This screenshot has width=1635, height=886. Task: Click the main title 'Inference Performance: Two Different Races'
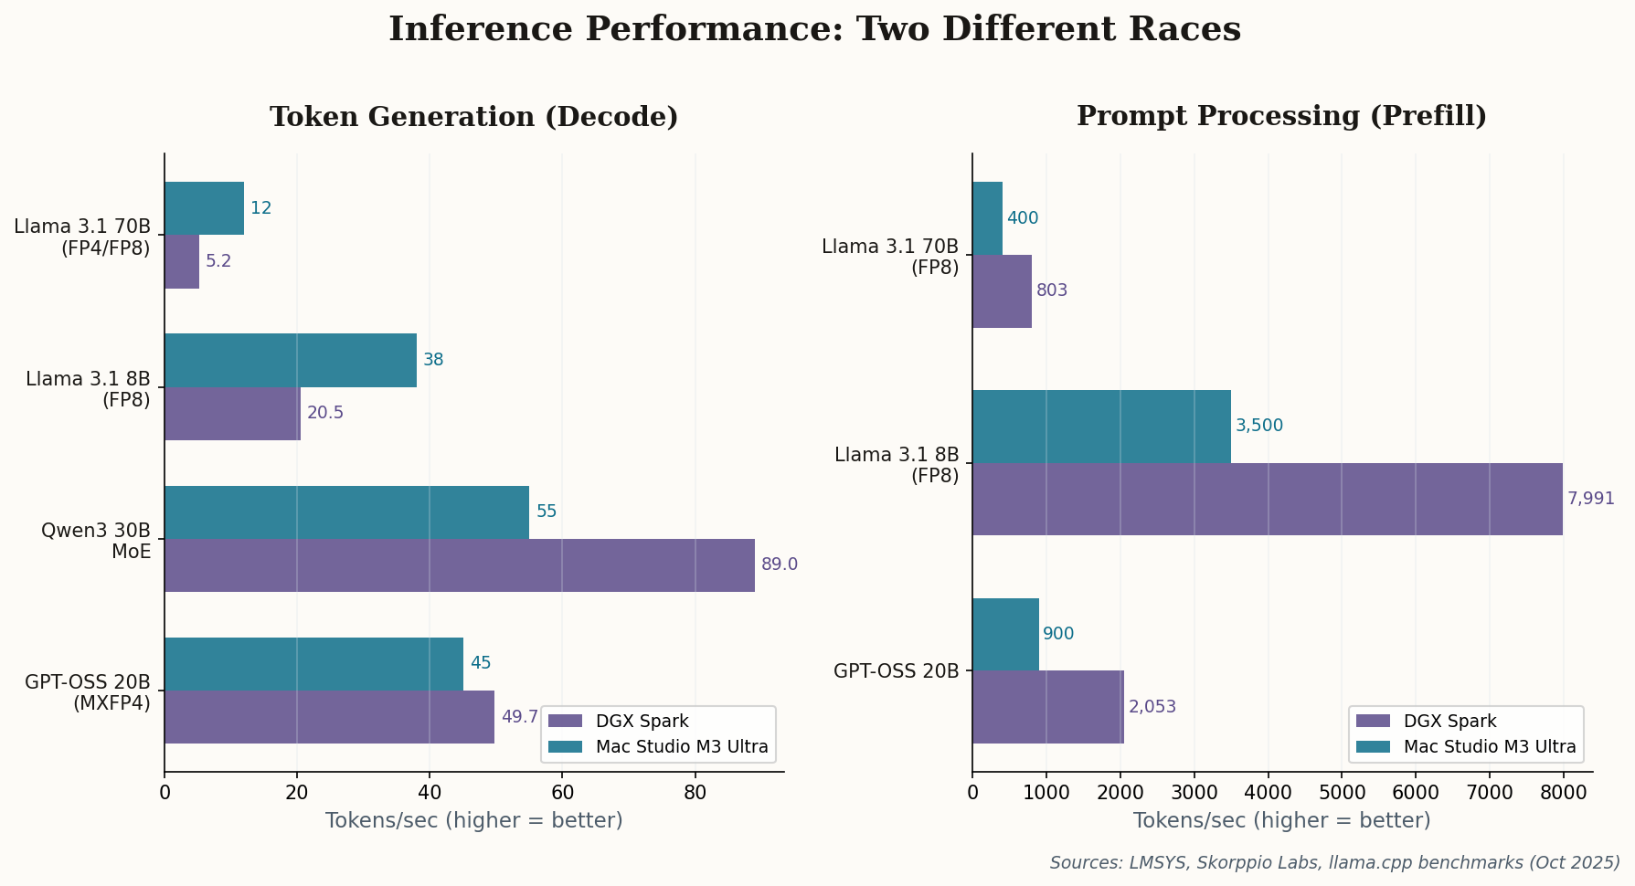pyautogui.click(x=814, y=29)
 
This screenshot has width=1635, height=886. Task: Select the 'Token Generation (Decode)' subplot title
pyautogui.click(x=473, y=117)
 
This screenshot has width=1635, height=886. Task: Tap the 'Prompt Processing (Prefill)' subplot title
pyautogui.click(x=1281, y=116)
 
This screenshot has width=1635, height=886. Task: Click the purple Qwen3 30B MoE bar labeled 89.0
pyautogui.click(x=459, y=565)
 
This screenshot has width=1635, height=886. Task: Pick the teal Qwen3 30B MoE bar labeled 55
pyautogui.click(x=346, y=512)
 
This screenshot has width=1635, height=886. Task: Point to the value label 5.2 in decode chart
pyautogui.click(x=218, y=261)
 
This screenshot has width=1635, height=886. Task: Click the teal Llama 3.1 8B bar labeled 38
pyautogui.click(x=290, y=361)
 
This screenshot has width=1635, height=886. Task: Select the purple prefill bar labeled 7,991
pyautogui.click(x=1267, y=499)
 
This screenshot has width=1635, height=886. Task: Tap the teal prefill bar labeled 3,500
pyautogui.click(x=1101, y=427)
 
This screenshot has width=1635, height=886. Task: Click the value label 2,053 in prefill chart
pyautogui.click(x=1152, y=707)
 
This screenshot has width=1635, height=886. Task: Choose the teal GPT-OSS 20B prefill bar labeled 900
pyautogui.click(x=1005, y=634)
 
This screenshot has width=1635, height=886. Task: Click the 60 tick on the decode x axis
pyautogui.click(x=562, y=793)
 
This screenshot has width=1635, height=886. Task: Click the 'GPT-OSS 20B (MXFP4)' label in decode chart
pyautogui.click(x=88, y=692)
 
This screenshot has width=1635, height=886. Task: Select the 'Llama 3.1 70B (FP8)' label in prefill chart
pyautogui.click(x=890, y=257)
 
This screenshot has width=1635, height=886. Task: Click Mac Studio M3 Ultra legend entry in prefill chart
pyautogui.click(x=1488, y=747)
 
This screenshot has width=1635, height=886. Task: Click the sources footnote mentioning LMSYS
pyautogui.click(x=1334, y=862)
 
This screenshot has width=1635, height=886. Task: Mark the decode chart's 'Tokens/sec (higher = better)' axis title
pyautogui.click(x=473, y=820)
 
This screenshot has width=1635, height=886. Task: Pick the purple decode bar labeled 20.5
pyautogui.click(x=232, y=414)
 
